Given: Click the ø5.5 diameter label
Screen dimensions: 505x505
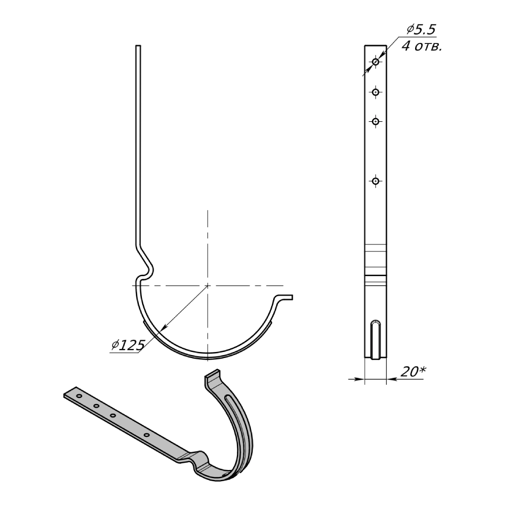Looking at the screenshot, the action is (421, 30).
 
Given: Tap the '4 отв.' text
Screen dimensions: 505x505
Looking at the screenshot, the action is (422, 46).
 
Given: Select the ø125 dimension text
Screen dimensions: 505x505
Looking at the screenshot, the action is (128, 345).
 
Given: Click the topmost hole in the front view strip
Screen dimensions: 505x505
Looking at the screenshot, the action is (376, 62).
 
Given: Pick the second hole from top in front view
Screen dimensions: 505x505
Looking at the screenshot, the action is (375, 92).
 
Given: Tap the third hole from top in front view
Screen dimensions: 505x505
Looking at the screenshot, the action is (375, 121).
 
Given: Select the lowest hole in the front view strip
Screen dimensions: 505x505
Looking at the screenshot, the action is (375, 181).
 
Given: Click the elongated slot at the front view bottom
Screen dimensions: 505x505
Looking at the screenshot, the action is (376, 339).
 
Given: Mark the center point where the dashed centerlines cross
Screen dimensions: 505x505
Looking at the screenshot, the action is (208, 285).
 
